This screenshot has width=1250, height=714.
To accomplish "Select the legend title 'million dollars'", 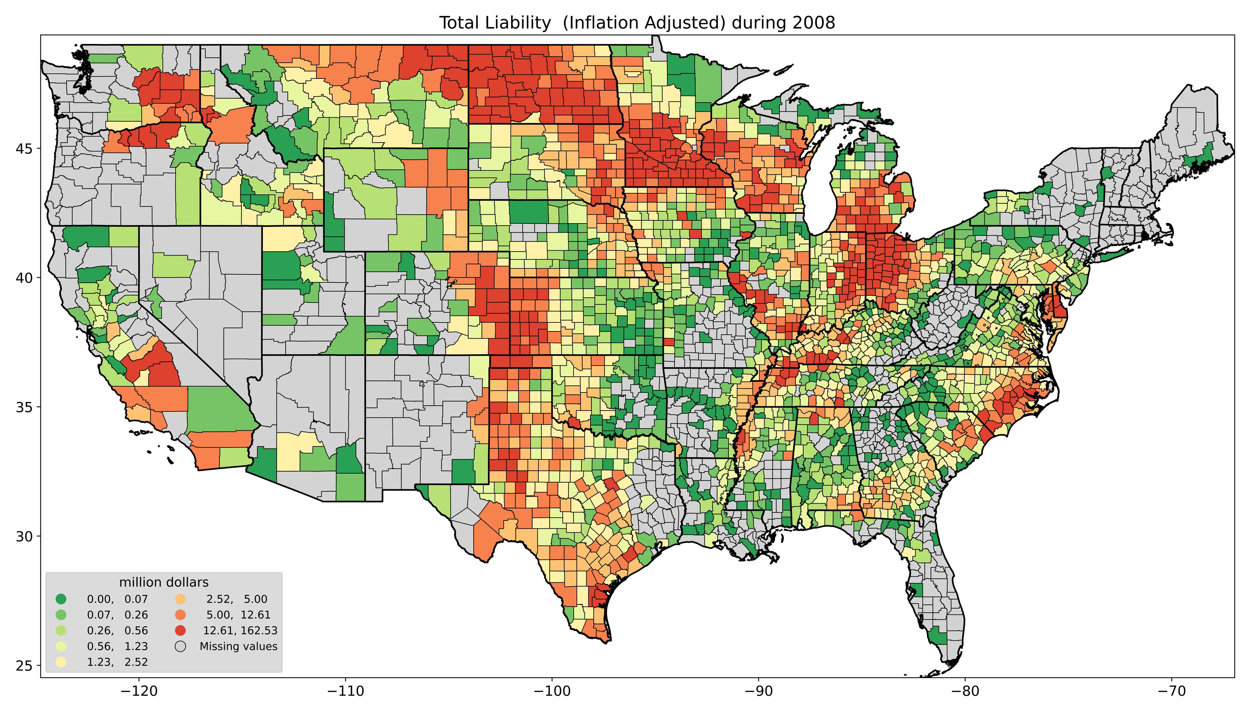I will click(164, 582).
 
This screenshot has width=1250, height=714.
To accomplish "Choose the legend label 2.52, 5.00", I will click(237, 599).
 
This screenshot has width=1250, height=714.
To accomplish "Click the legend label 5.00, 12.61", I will click(238, 614).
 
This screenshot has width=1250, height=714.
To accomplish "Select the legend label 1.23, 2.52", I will click(117, 662).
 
